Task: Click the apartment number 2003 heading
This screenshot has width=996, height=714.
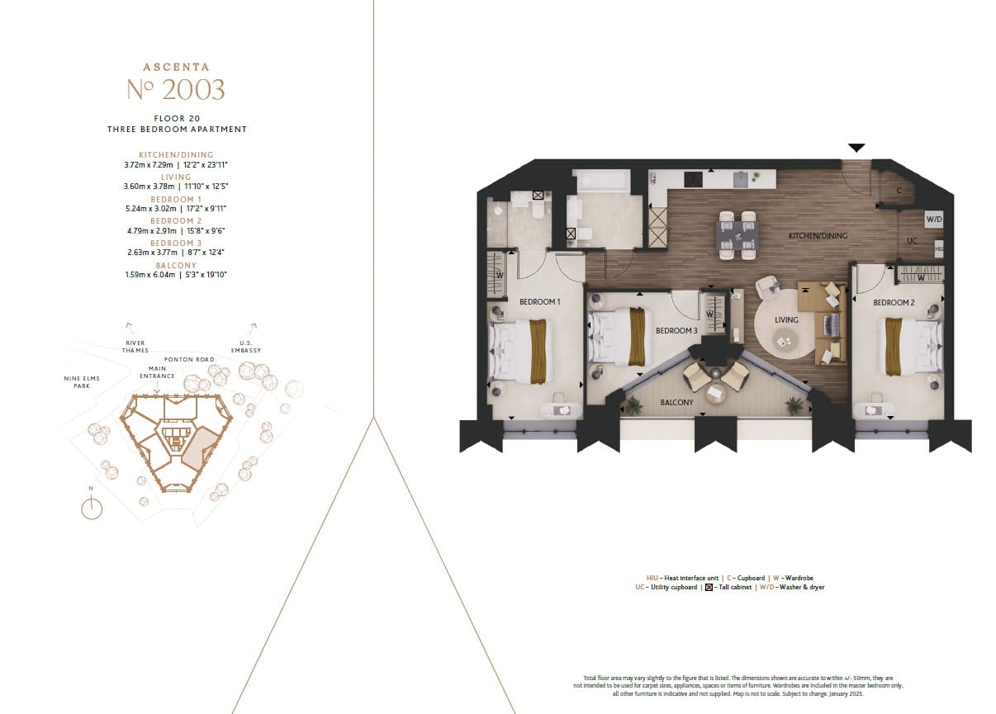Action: [x=176, y=89]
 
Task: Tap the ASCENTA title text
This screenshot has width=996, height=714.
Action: [x=176, y=67]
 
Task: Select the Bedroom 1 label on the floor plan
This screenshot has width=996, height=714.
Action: [x=539, y=302]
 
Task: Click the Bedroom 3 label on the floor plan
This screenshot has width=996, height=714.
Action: [x=676, y=331]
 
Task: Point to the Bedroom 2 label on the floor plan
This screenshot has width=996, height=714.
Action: [x=894, y=303]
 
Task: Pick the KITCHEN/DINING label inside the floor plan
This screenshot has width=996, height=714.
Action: [x=818, y=236]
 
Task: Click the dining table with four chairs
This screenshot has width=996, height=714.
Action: [x=737, y=235]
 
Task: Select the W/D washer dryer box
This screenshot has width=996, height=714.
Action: [x=934, y=220]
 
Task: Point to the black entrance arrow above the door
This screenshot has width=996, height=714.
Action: [x=856, y=148]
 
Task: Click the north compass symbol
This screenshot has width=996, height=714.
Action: [x=92, y=508]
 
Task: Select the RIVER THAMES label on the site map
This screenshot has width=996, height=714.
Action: [x=135, y=347]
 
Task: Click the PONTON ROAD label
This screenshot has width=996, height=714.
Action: [x=189, y=360]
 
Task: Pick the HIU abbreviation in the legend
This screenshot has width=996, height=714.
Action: [x=653, y=578]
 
